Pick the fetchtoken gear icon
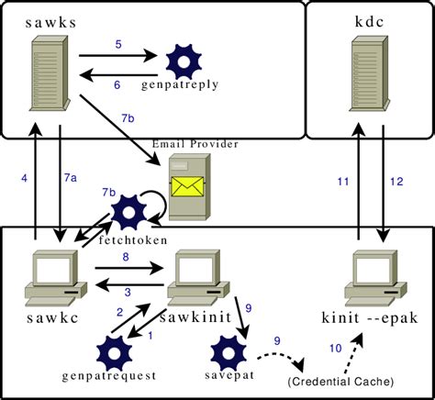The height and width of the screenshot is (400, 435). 128,212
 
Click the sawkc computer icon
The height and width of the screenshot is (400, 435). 50,276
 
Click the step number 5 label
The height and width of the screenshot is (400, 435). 118,44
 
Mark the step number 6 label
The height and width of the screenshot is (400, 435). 118,84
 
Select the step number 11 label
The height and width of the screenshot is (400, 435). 343,183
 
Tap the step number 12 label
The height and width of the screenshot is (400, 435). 396,183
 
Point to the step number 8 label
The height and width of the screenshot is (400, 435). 125,258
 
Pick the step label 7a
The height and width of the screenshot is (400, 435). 71,175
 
